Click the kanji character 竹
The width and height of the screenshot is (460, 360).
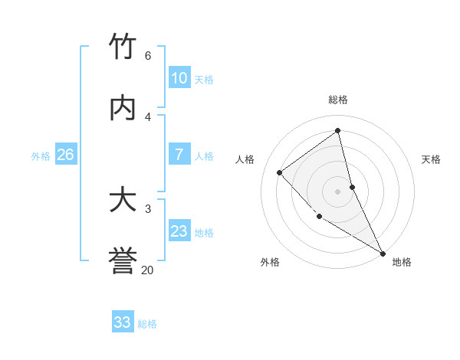(123, 46)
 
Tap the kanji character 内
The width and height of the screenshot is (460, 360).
(123, 108)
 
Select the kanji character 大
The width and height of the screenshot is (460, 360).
(123, 200)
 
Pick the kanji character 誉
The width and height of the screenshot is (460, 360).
(123, 261)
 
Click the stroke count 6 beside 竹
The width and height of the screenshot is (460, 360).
(148, 56)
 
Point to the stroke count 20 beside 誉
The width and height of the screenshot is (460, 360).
(148, 270)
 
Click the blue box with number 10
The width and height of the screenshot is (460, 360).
(179, 77)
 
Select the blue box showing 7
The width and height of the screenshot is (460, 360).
(179, 155)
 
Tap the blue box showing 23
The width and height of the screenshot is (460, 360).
(179, 231)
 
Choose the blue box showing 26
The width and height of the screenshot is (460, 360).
(65, 155)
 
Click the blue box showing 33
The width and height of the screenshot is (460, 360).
(123, 322)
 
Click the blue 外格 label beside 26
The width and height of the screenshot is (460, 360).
(41, 156)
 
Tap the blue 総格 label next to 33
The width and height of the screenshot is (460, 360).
(148, 324)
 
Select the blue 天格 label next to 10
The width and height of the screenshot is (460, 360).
(204, 79)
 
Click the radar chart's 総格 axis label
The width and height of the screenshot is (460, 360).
(338, 100)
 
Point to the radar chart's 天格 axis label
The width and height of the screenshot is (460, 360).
(432, 159)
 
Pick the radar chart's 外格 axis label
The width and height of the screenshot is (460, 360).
(270, 263)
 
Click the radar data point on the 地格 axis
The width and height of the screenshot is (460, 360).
(383, 253)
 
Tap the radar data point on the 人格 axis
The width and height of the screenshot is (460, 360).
(280, 172)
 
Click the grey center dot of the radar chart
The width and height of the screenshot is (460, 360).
(338, 191)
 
